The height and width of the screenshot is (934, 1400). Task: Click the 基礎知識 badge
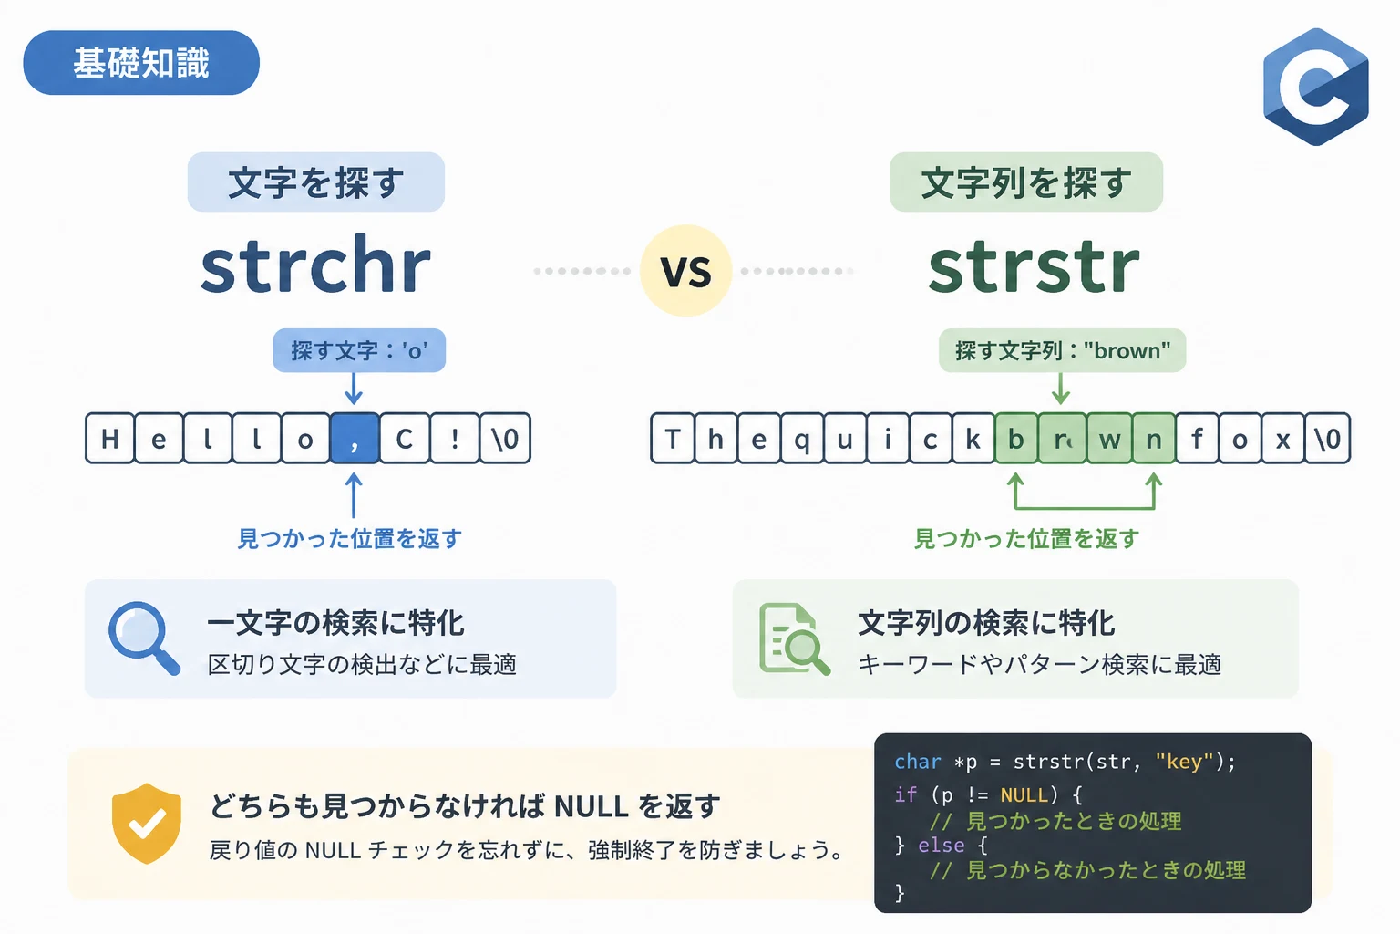[x=141, y=63]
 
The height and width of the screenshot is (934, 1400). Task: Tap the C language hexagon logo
[x=1315, y=87]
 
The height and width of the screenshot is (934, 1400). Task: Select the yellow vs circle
[x=685, y=270]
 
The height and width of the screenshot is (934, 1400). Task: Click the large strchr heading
[x=315, y=265]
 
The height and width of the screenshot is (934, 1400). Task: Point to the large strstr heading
[x=1034, y=266]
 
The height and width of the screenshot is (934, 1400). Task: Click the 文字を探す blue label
[x=316, y=182]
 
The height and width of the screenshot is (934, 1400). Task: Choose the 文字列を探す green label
[x=1026, y=182]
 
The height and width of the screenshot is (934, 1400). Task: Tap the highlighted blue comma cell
[x=355, y=438]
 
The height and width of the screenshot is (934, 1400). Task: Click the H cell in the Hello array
[x=110, y=438]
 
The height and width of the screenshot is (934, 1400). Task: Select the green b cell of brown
[x=1016, y=438]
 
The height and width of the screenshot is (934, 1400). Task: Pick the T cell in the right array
[x=673, y=438]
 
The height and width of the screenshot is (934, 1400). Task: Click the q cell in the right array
[x=802, y=438]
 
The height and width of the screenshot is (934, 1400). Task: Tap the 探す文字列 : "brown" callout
[x=1063, y=350]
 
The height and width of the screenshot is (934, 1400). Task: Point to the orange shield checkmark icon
[x=147, y=824]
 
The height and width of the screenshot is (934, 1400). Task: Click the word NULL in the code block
[x=1024, y=794]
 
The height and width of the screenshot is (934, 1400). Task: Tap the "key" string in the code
[x=1185, y=762]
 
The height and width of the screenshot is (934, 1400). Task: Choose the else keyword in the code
[x=942, y=846]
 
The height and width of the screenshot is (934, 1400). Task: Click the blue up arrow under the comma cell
[x=354, y=495]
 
